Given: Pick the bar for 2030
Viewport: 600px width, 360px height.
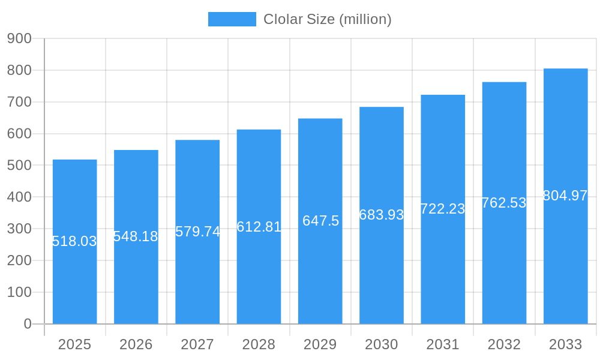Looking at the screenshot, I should [x=382, y=270].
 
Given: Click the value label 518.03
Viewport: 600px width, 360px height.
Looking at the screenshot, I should [x=74, y=241].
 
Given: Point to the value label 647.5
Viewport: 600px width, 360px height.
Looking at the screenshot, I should [x=320, y=221].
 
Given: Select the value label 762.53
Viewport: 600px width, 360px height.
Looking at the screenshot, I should [x=504, y=203].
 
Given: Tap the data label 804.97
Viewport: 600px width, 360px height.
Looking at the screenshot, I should [x=565, y=196].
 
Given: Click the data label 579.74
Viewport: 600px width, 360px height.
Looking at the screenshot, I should [x=197, y=232].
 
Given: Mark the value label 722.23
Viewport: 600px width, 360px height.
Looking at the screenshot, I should [x=443, y=209].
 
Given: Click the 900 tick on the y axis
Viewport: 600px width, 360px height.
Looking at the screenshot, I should [x=19, y=38].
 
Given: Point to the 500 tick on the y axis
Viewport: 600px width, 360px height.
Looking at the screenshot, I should [x=19, y=166].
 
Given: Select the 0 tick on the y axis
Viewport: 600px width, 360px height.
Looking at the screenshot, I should [x=27, y=324].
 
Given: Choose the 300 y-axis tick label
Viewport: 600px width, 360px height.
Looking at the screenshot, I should [x=19, y=229].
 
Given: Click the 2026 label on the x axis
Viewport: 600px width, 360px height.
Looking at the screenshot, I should [x=136, y=344].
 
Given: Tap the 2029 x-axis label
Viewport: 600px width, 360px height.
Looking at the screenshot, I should [x=320, y=344].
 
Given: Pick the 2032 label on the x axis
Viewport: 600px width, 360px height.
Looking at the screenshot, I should [x=504, y=344].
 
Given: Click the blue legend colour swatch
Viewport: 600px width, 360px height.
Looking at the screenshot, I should [x=232, y=19].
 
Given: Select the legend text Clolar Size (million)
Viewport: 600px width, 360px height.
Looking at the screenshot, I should [x=328, y=19].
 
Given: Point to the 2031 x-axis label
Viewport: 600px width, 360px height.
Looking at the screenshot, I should [x=443, y=344].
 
